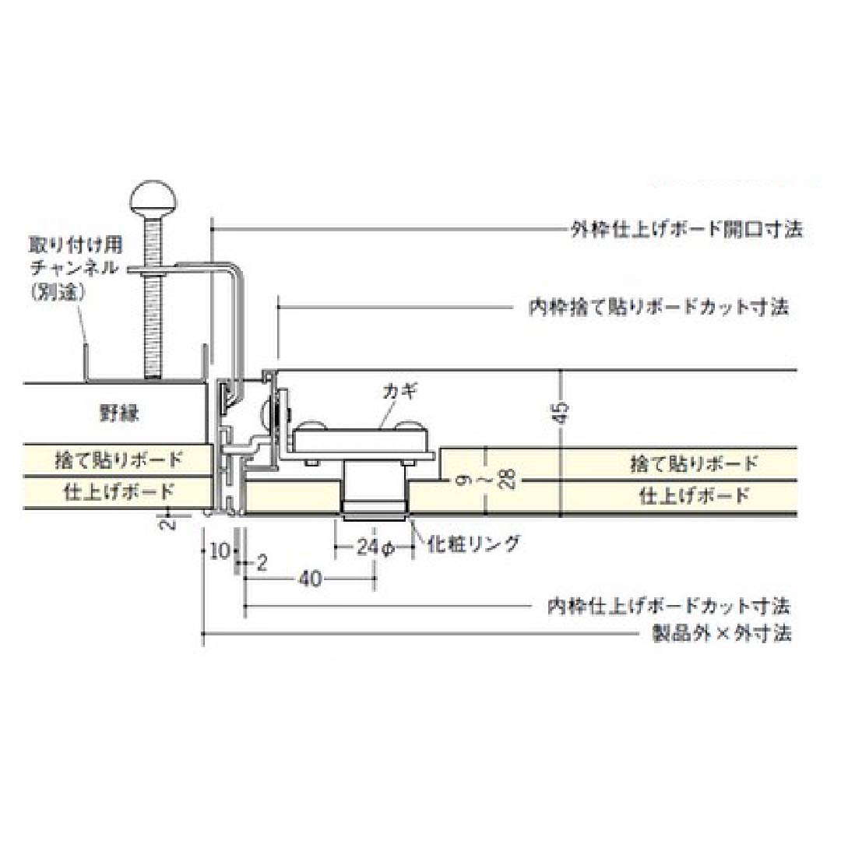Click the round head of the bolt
click(153, 201)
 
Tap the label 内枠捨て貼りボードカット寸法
click(659, 307)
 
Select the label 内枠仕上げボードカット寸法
click(669, 605)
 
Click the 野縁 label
click(119, 413)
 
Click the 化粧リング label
click(473, 544)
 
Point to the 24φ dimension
click(375, 547)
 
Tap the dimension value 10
click(220, 551)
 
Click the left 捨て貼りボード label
click(119, 459)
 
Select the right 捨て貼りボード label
click(693, 464)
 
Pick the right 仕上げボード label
click(693, 495)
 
